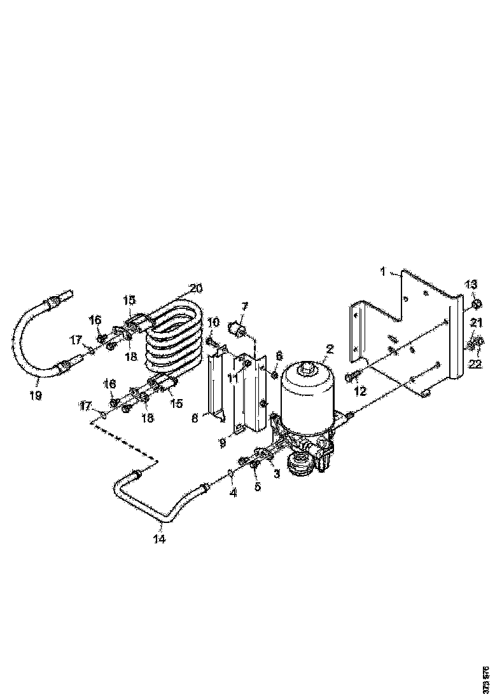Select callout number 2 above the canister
click(x=330, y=348)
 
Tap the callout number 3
click(x=277, y=474)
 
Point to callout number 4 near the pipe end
click(x=234, y=492)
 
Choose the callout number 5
click(x=258, y=487)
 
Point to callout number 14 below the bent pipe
click(x=159, y=540)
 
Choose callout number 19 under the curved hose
click(x=35, y=395)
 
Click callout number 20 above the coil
click(x=196, y=288)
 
